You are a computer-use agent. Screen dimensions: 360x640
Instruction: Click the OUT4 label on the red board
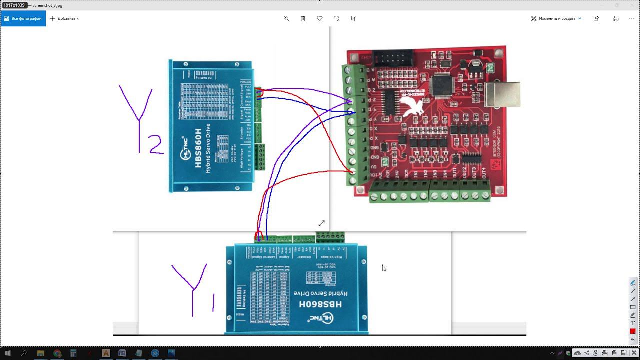[x=483, y=174]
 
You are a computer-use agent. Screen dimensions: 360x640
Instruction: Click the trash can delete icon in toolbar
[x=303, y=18]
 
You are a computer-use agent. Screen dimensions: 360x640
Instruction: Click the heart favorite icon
[x=320, y=18]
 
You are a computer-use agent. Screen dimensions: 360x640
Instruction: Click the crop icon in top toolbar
[x=353, y=18]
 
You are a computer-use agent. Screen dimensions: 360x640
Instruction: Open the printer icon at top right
[x=615, y=18]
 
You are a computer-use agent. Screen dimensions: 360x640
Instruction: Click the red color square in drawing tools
[x=632, y=331]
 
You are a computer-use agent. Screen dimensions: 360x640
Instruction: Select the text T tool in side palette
[x=632, y=323]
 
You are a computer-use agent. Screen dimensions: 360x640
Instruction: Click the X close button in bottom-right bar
[x=634, y=353]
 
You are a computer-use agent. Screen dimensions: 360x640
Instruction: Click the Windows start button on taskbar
[x=7, y=353]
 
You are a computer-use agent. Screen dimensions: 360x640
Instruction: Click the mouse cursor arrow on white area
[x=383, y=268]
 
